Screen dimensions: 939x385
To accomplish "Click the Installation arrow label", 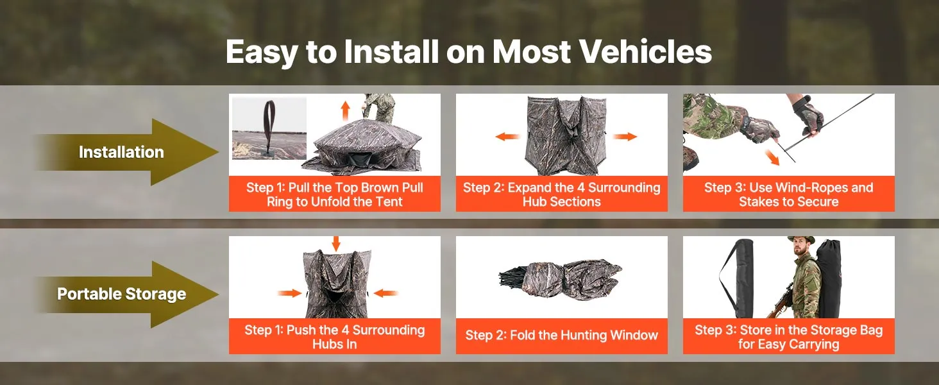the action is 121,152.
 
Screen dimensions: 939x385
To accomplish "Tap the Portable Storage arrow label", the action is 122,294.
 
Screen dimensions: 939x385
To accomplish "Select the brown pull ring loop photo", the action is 269,128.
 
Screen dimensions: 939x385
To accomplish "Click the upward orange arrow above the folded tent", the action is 345,110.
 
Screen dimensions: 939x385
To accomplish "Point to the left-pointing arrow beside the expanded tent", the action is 507,136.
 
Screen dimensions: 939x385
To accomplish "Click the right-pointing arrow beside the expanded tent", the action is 625,136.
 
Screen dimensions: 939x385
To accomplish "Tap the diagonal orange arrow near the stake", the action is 772,157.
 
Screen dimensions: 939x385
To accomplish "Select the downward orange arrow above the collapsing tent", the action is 336,244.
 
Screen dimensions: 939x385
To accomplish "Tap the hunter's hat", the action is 801,240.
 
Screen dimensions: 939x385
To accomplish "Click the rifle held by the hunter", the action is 780,300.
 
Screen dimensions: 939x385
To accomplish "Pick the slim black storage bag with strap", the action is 736,278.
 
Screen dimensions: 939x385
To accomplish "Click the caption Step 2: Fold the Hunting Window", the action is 562,335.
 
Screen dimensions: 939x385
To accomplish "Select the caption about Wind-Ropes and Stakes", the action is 788,194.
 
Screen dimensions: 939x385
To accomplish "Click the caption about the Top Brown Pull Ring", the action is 335,194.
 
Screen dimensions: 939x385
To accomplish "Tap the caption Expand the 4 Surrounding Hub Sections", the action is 562,194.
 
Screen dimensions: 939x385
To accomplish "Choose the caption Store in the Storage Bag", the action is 788,337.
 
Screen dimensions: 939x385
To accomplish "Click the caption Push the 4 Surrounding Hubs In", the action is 335,337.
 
